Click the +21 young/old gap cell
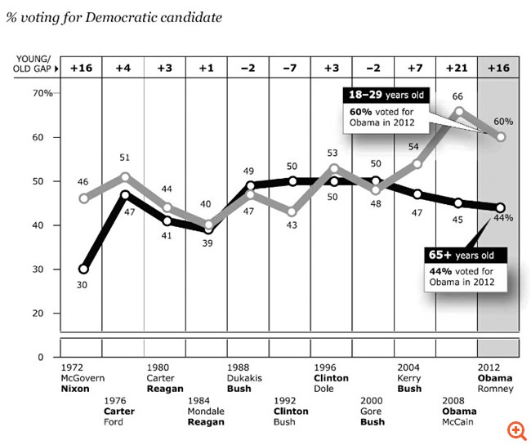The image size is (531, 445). tap(458, 66)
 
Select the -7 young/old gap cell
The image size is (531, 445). tap(291, 66)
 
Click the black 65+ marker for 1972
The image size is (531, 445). tap(83, 269)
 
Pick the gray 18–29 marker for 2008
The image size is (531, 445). tap(459, 111)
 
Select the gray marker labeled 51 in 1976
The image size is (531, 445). tap(123, 176)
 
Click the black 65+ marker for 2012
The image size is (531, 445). tap(501, 207)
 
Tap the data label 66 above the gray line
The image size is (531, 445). tap(458, 96)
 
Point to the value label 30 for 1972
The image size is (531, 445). tap(83, 285)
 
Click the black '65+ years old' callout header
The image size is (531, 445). tap(465, 256)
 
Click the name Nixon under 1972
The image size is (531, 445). tap(75, 389)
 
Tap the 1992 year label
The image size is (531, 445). tap(284, 401)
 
